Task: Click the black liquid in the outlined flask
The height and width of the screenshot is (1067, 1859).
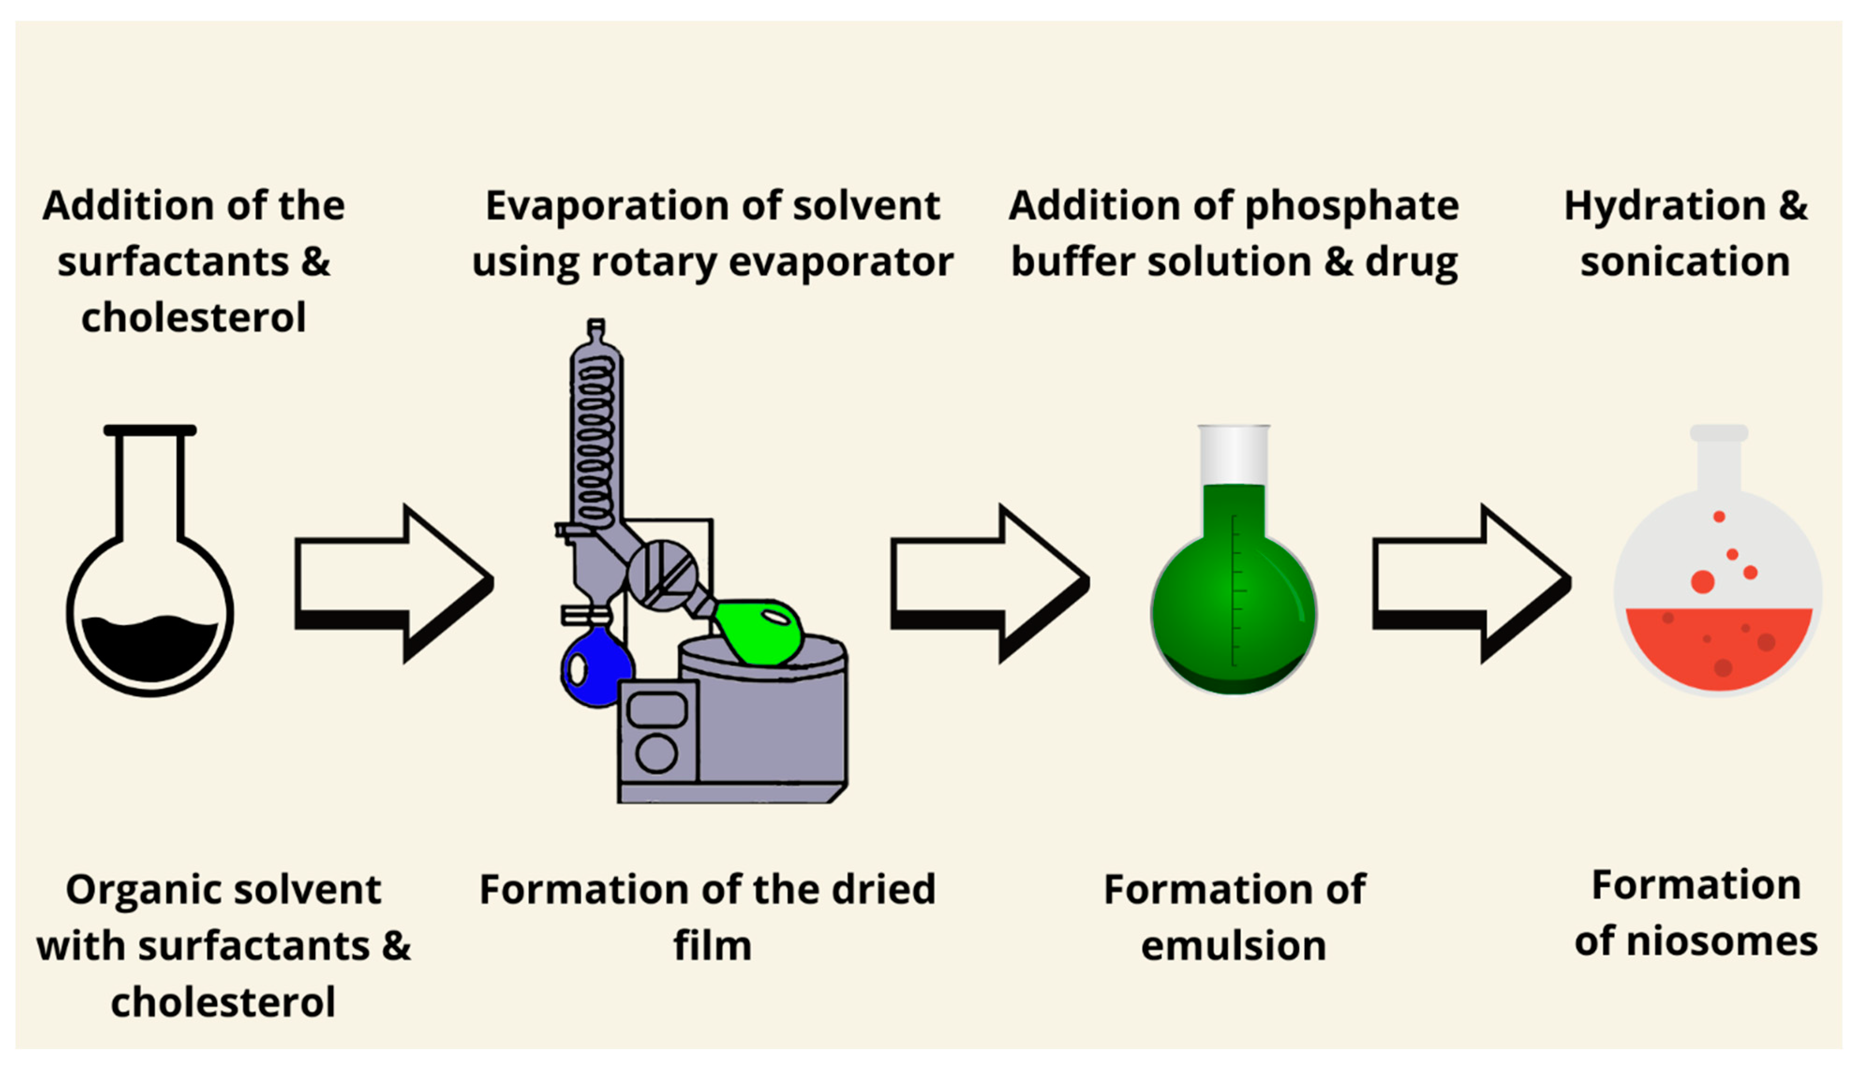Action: click(x=150, y=649)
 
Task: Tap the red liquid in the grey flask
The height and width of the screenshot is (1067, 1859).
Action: click(x=1718, y=649)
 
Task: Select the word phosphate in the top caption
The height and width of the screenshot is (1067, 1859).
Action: click(x=1351, y=206)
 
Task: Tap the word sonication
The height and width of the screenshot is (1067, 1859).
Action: click(x=1685, y=262)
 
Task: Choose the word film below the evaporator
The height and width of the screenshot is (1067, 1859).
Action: click(x=712, y=945)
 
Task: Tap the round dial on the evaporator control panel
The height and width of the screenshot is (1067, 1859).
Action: click(x=656, y=753)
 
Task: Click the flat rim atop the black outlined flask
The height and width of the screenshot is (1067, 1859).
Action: click(x=150, y=430)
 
